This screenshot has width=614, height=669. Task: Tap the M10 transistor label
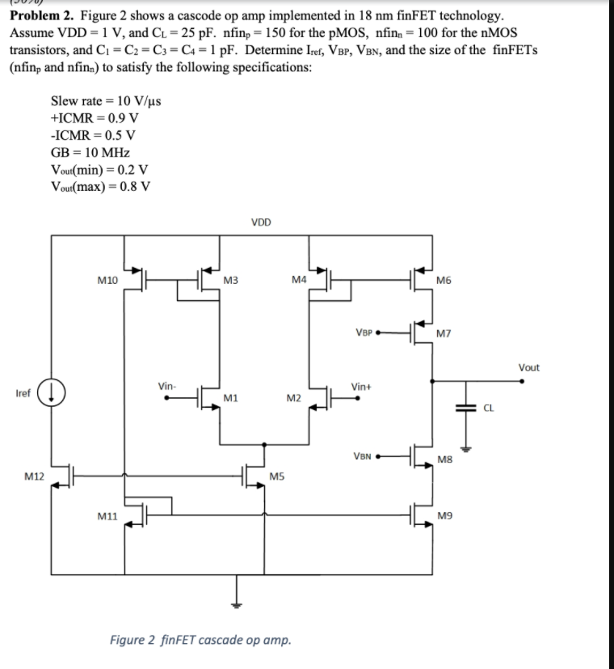pyautogui.click(x=107, y=280)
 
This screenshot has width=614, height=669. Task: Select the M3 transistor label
pyautogui.click(x=229, y=280)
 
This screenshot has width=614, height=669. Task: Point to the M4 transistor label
pyautogui.click(x=298, y=280)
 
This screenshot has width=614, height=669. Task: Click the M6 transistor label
pyautogui.click(x=444, y=280)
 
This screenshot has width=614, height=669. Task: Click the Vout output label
pyautogui.click(x=528, y=367)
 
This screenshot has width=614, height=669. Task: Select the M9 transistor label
pyautogui.click(x=444, y=514)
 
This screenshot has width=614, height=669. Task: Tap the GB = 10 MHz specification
pyautogui.click(x=90, y=151)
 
